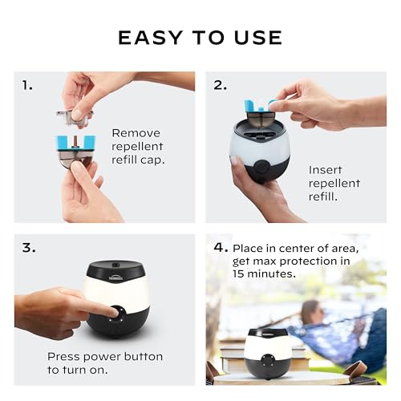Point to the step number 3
[29, 248]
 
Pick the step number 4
[221, 248]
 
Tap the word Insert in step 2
[325, 170]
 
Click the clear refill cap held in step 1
[75, 115]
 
